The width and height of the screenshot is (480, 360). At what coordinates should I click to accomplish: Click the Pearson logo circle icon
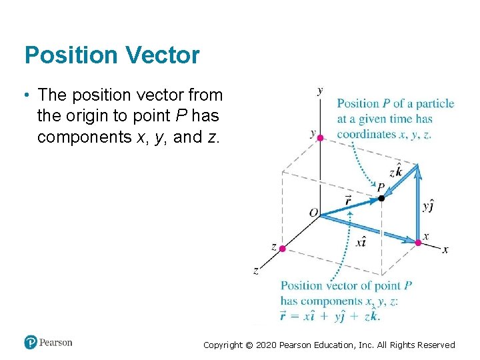coord(31,343)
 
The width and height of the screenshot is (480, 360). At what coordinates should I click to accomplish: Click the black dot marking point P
coord(381,198)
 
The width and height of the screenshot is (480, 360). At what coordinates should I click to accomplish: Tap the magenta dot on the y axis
coord(320,138)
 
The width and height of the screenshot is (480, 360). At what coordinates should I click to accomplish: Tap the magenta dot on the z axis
coord(282,249)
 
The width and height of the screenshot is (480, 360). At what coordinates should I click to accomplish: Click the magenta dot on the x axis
coord(418,243)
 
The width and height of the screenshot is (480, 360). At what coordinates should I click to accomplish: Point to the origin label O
coord(313,213)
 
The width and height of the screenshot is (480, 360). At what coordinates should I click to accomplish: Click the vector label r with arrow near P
coord(349,199)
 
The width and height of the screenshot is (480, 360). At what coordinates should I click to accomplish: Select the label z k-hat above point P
coord(395,171)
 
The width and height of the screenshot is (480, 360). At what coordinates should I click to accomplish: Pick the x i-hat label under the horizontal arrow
coord(361,243)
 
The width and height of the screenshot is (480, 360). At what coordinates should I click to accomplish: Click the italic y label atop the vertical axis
coord(321,90)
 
